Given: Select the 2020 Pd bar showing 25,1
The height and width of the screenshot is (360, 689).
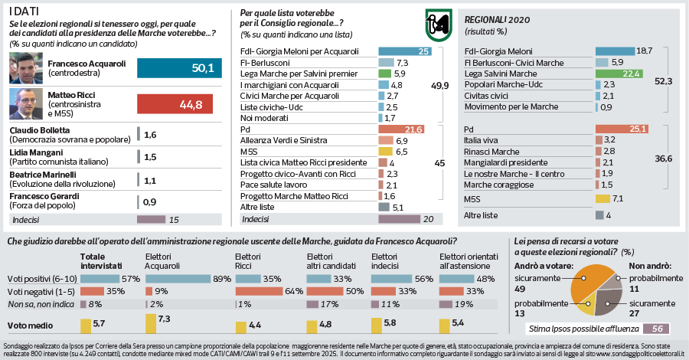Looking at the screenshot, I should pyautogui.click(x=622, y=129).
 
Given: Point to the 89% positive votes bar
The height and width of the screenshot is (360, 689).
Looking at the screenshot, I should pyautogui.click(x=179, y=277).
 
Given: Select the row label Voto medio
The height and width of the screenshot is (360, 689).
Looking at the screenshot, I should pyautogui.click(x=26, y=325).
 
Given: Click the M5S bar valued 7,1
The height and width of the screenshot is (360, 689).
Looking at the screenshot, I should pyautogui.click(x=602, y=199).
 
